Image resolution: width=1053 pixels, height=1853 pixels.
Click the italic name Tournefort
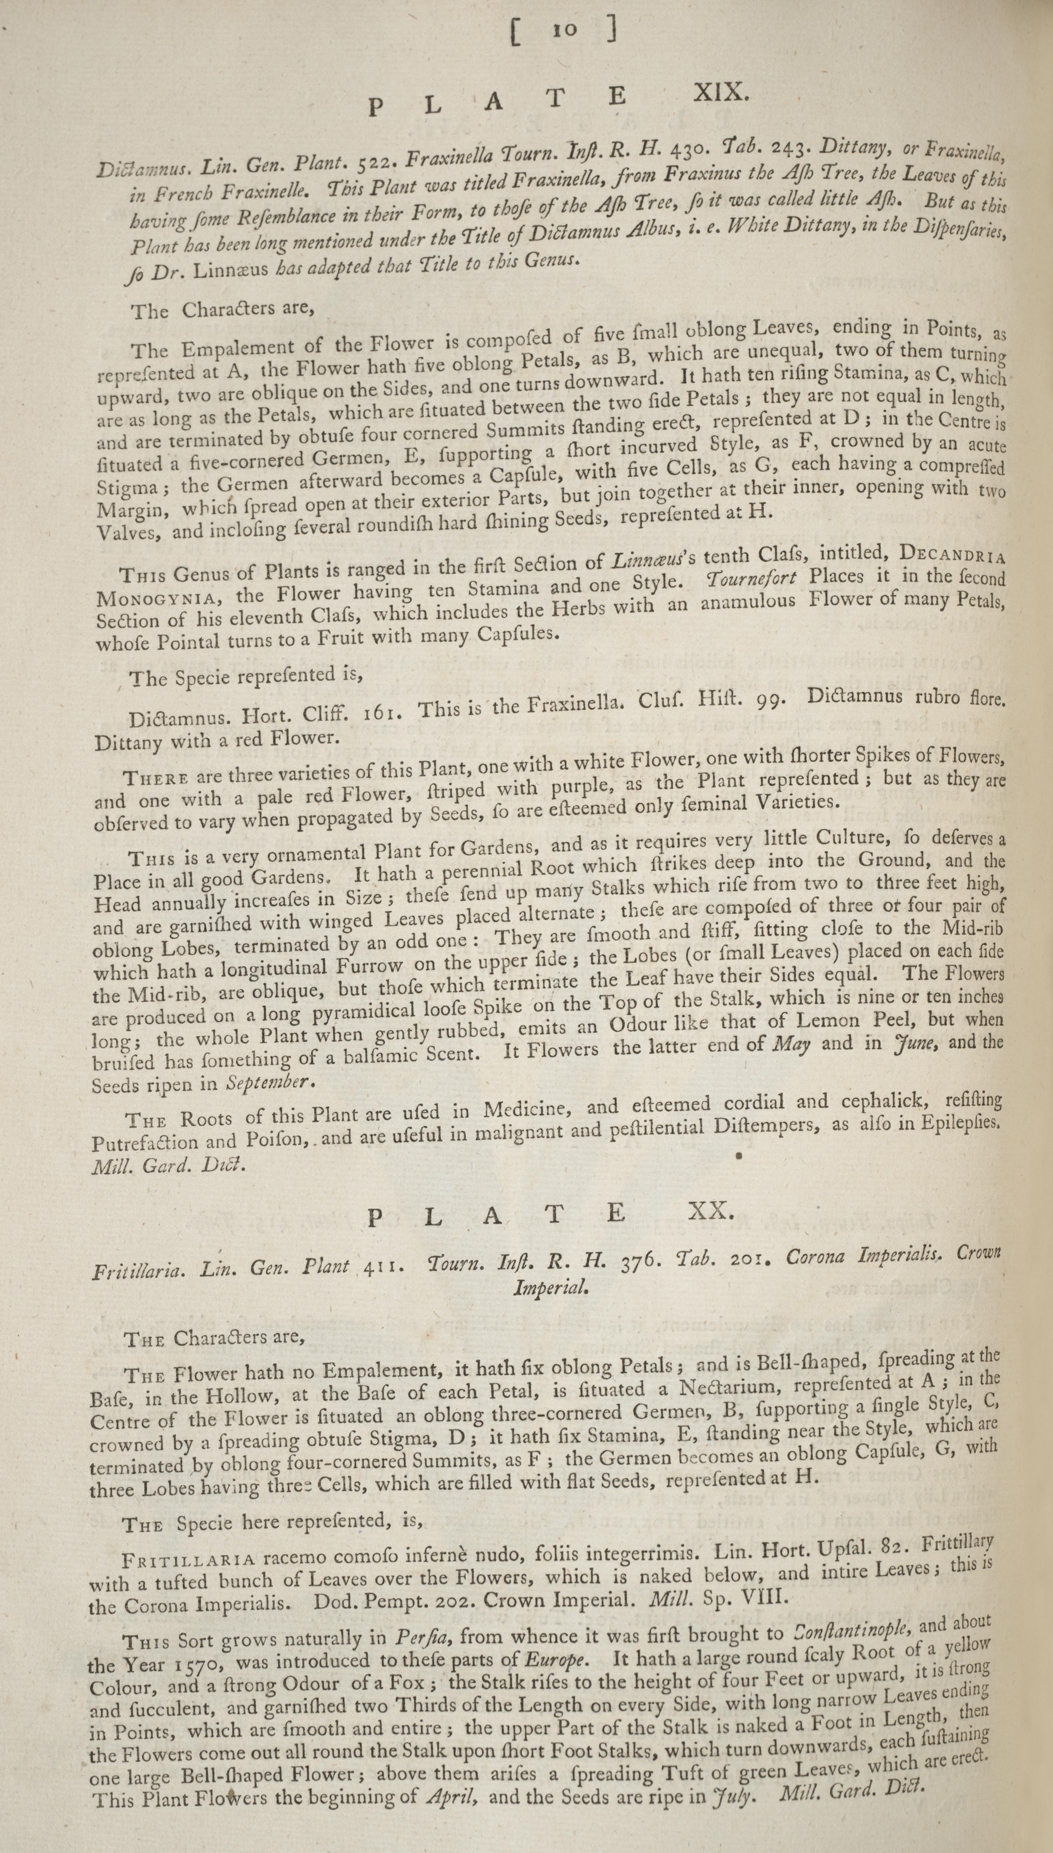(751, 578)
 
